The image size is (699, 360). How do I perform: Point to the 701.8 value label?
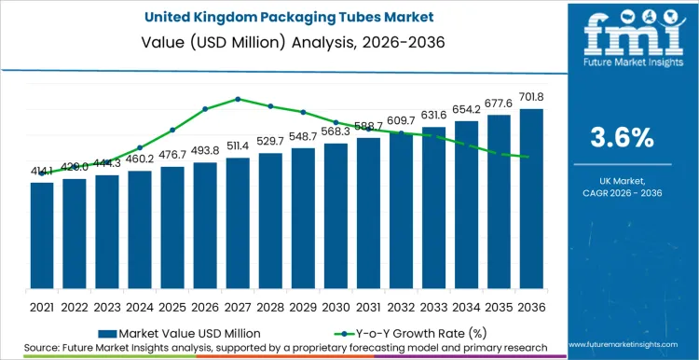[532, 98]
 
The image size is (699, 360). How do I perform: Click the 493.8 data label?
[205, 152]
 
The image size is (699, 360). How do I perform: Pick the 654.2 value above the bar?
[466, 110]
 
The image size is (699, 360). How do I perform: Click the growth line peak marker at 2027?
[238, 98]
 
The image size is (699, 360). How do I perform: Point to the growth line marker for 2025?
[172, 130]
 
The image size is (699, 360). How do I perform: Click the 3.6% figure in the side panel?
[623, 137]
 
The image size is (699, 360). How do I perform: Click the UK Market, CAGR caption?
[623, 187]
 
